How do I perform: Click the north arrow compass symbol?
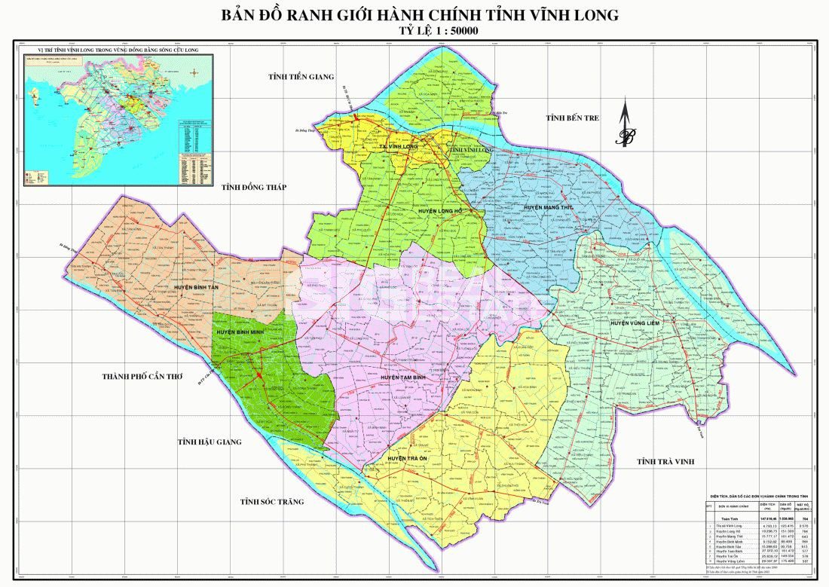click(624, 128)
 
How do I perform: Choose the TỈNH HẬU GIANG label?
click(210, 442)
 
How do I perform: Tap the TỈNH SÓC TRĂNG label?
click(271, 502)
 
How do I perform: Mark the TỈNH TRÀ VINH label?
click(665, 461)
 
